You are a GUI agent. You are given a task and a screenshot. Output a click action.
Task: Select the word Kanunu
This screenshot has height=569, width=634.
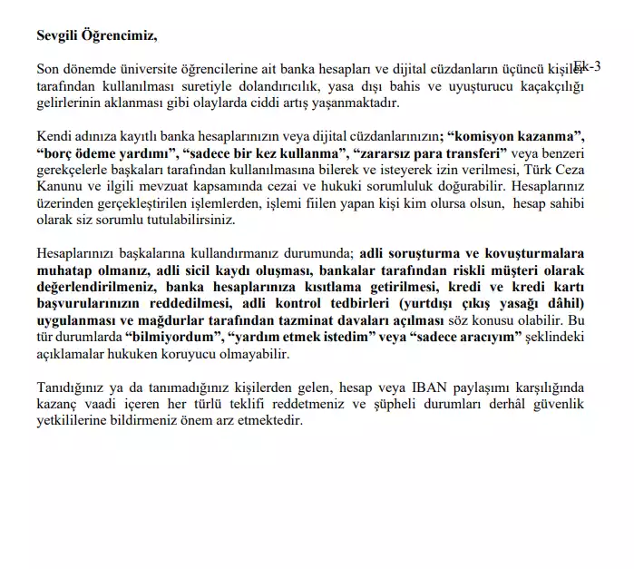[x=61, y=187]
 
